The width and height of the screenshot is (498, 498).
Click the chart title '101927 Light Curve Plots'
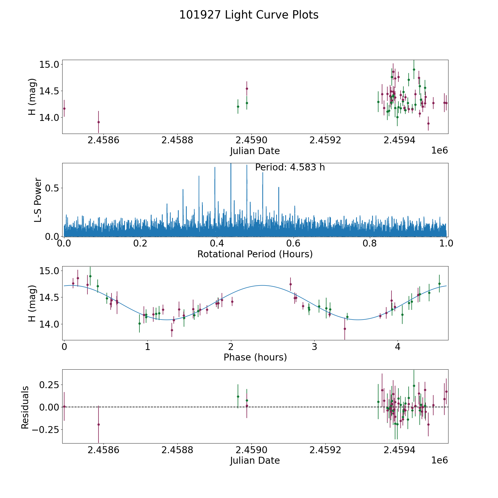click(249, 15)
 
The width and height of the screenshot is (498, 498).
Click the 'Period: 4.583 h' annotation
click(290, 167)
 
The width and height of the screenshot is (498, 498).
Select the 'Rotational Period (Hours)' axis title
click(255, 254)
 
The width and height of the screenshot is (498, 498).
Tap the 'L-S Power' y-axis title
click(38, 200)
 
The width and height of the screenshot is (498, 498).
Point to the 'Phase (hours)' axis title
click(255, 357)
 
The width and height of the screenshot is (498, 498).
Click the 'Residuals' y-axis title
click(25, 407)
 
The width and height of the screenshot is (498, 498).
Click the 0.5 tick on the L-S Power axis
click(51, 188)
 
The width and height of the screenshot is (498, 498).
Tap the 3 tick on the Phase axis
click(314, 347)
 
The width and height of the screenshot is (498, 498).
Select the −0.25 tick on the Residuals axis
click(44, 430)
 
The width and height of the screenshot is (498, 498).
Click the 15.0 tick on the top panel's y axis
click(49, 64)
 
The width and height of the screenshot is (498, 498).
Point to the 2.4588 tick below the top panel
click(177, 140)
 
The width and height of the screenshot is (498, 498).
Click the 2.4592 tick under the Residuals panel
click(325, 450)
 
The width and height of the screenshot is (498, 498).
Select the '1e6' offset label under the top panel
click(439, 151)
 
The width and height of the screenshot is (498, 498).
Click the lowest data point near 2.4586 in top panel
click(98, 122)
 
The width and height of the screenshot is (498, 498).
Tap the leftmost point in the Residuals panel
click(64, 406)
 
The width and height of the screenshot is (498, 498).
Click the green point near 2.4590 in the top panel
click(247, 103)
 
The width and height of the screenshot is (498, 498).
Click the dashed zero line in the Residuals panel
click(304, 407)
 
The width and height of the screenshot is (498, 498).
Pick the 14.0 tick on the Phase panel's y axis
click(49, 324)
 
